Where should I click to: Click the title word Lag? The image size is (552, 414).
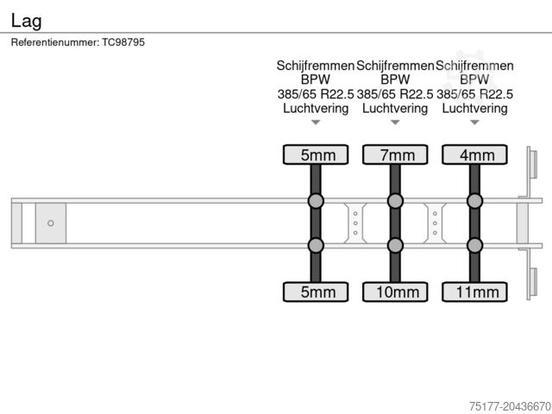26,20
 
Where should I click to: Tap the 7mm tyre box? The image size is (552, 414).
395,155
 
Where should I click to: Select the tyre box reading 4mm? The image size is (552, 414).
474,155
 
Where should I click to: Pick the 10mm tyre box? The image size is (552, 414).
395,292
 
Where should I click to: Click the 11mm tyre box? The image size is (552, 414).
474,292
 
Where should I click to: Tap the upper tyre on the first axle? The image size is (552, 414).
316,155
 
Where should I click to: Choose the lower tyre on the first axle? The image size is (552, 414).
316,292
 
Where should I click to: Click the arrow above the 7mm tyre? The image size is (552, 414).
395,122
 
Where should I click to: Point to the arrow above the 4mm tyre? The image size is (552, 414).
474,122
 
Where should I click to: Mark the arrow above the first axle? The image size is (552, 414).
316,122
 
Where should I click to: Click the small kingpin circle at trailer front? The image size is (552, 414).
51,223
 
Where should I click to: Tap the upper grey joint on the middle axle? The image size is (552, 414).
395,202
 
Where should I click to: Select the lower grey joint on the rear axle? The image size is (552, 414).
474,245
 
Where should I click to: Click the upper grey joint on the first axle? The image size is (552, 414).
316,202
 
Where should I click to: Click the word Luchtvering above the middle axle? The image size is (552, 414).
395,108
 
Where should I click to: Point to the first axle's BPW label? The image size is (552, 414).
316,79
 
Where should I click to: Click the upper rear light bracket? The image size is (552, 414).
532,165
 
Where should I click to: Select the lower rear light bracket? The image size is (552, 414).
532,284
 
